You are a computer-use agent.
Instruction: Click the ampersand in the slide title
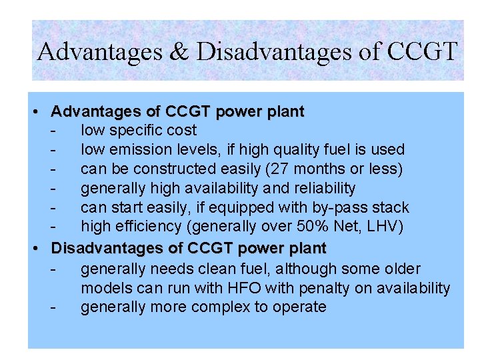[179, 51]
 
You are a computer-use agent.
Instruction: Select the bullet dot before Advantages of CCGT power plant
[41, 111]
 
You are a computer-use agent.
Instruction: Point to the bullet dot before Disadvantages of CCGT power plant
[41, 249]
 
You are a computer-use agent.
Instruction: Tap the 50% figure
[324, 227]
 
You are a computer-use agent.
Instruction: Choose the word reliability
[323, 188]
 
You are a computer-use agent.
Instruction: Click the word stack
[391, 207]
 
